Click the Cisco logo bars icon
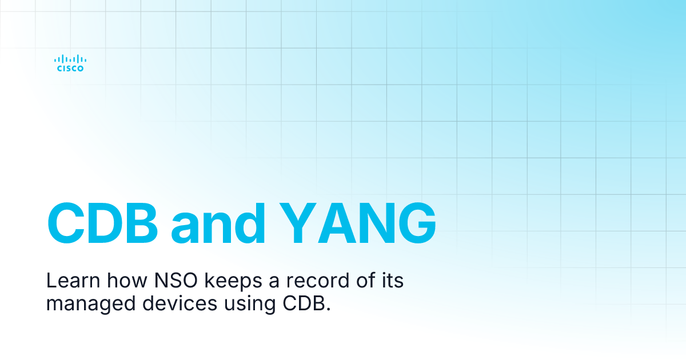tap(70, 58)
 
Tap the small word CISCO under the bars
tap(70, 69)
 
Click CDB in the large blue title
tap(102, 222)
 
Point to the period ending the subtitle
tap(328, 309)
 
